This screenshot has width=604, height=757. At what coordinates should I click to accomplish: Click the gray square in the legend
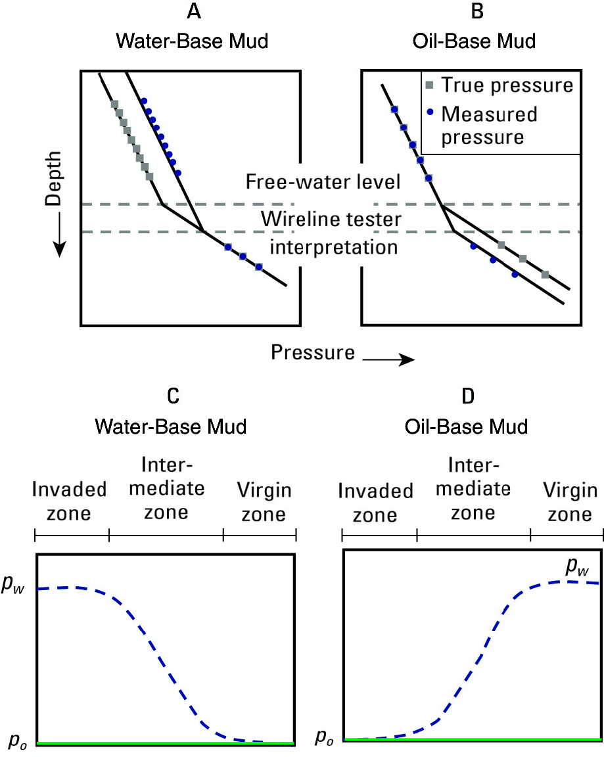click(x=429, y=85)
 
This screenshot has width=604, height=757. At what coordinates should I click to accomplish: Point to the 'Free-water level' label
click(x=323, y=182)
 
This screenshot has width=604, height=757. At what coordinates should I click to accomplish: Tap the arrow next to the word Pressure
click(x=388, y=359)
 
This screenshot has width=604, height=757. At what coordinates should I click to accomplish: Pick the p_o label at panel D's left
click(x=323, y=737)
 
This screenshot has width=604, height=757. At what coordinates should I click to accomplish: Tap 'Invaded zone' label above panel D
click(x=375, y=503)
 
